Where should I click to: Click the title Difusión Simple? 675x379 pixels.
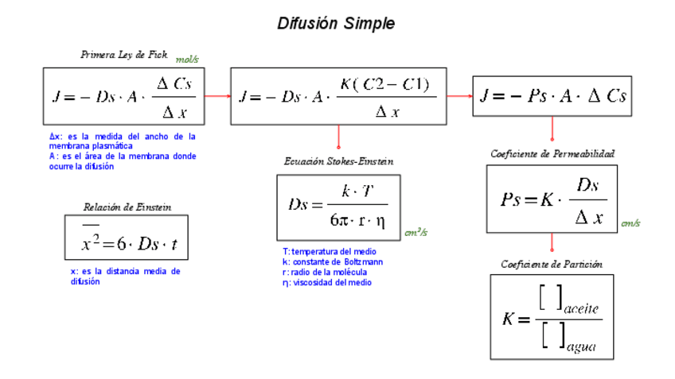[336, 24]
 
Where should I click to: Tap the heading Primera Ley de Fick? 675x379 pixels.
[124, 55]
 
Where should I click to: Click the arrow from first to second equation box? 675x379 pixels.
[217, 96]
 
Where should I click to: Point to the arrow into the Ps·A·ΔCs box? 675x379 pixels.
[459, 96]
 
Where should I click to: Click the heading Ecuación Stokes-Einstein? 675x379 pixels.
[338, 161]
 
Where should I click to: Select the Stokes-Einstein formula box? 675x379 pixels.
[338, 207]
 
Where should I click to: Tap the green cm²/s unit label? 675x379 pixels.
[416, 233]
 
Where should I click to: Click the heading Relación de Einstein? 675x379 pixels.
[127, 207]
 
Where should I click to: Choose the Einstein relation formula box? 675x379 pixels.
[127, 238]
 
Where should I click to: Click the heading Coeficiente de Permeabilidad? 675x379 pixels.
[552, 153]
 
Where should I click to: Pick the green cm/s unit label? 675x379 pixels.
[631, 224]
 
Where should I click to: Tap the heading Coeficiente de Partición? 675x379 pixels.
[552, 264]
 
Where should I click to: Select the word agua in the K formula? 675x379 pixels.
[580, 346]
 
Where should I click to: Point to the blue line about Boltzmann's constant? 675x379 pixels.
[333, 261]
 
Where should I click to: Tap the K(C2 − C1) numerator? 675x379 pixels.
[384, 85]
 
